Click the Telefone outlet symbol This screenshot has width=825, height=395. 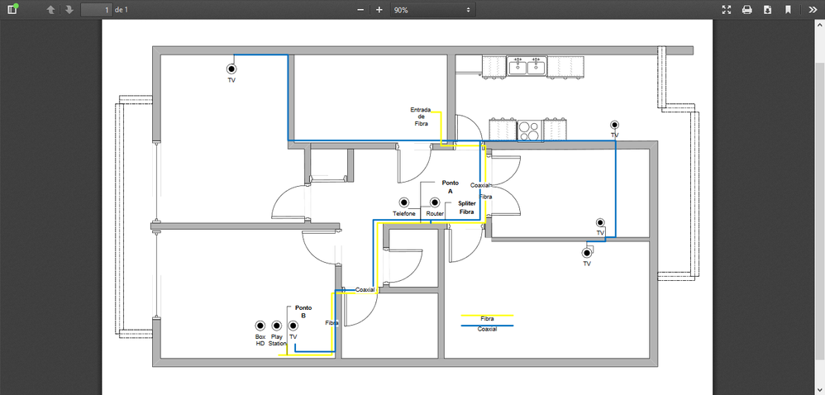[404, 202]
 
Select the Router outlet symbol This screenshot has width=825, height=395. [435, 202]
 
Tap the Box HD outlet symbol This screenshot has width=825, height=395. [260, 326]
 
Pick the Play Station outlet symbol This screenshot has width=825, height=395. [276, 326]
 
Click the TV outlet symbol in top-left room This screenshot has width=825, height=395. [232, 69]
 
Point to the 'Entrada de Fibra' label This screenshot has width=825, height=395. [421, 116]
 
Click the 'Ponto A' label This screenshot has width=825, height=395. [450, 186]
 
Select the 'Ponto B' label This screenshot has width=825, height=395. [303, 312]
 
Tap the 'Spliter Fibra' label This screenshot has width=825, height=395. [466, 207]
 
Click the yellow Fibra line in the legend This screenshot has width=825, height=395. [487, 315]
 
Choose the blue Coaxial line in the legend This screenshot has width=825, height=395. [487, 326]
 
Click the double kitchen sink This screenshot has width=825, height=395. [527, 65]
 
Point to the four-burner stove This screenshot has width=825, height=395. [529, 130]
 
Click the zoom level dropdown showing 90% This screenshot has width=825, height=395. [432, 10]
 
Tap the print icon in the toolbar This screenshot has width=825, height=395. [746, 10]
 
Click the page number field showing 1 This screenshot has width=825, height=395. [97, 10]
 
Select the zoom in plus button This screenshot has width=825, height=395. [379, 10]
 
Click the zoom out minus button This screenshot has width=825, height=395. [360, 10]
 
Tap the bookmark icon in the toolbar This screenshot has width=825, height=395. [788, 10]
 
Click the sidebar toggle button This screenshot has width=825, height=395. [12, 10]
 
